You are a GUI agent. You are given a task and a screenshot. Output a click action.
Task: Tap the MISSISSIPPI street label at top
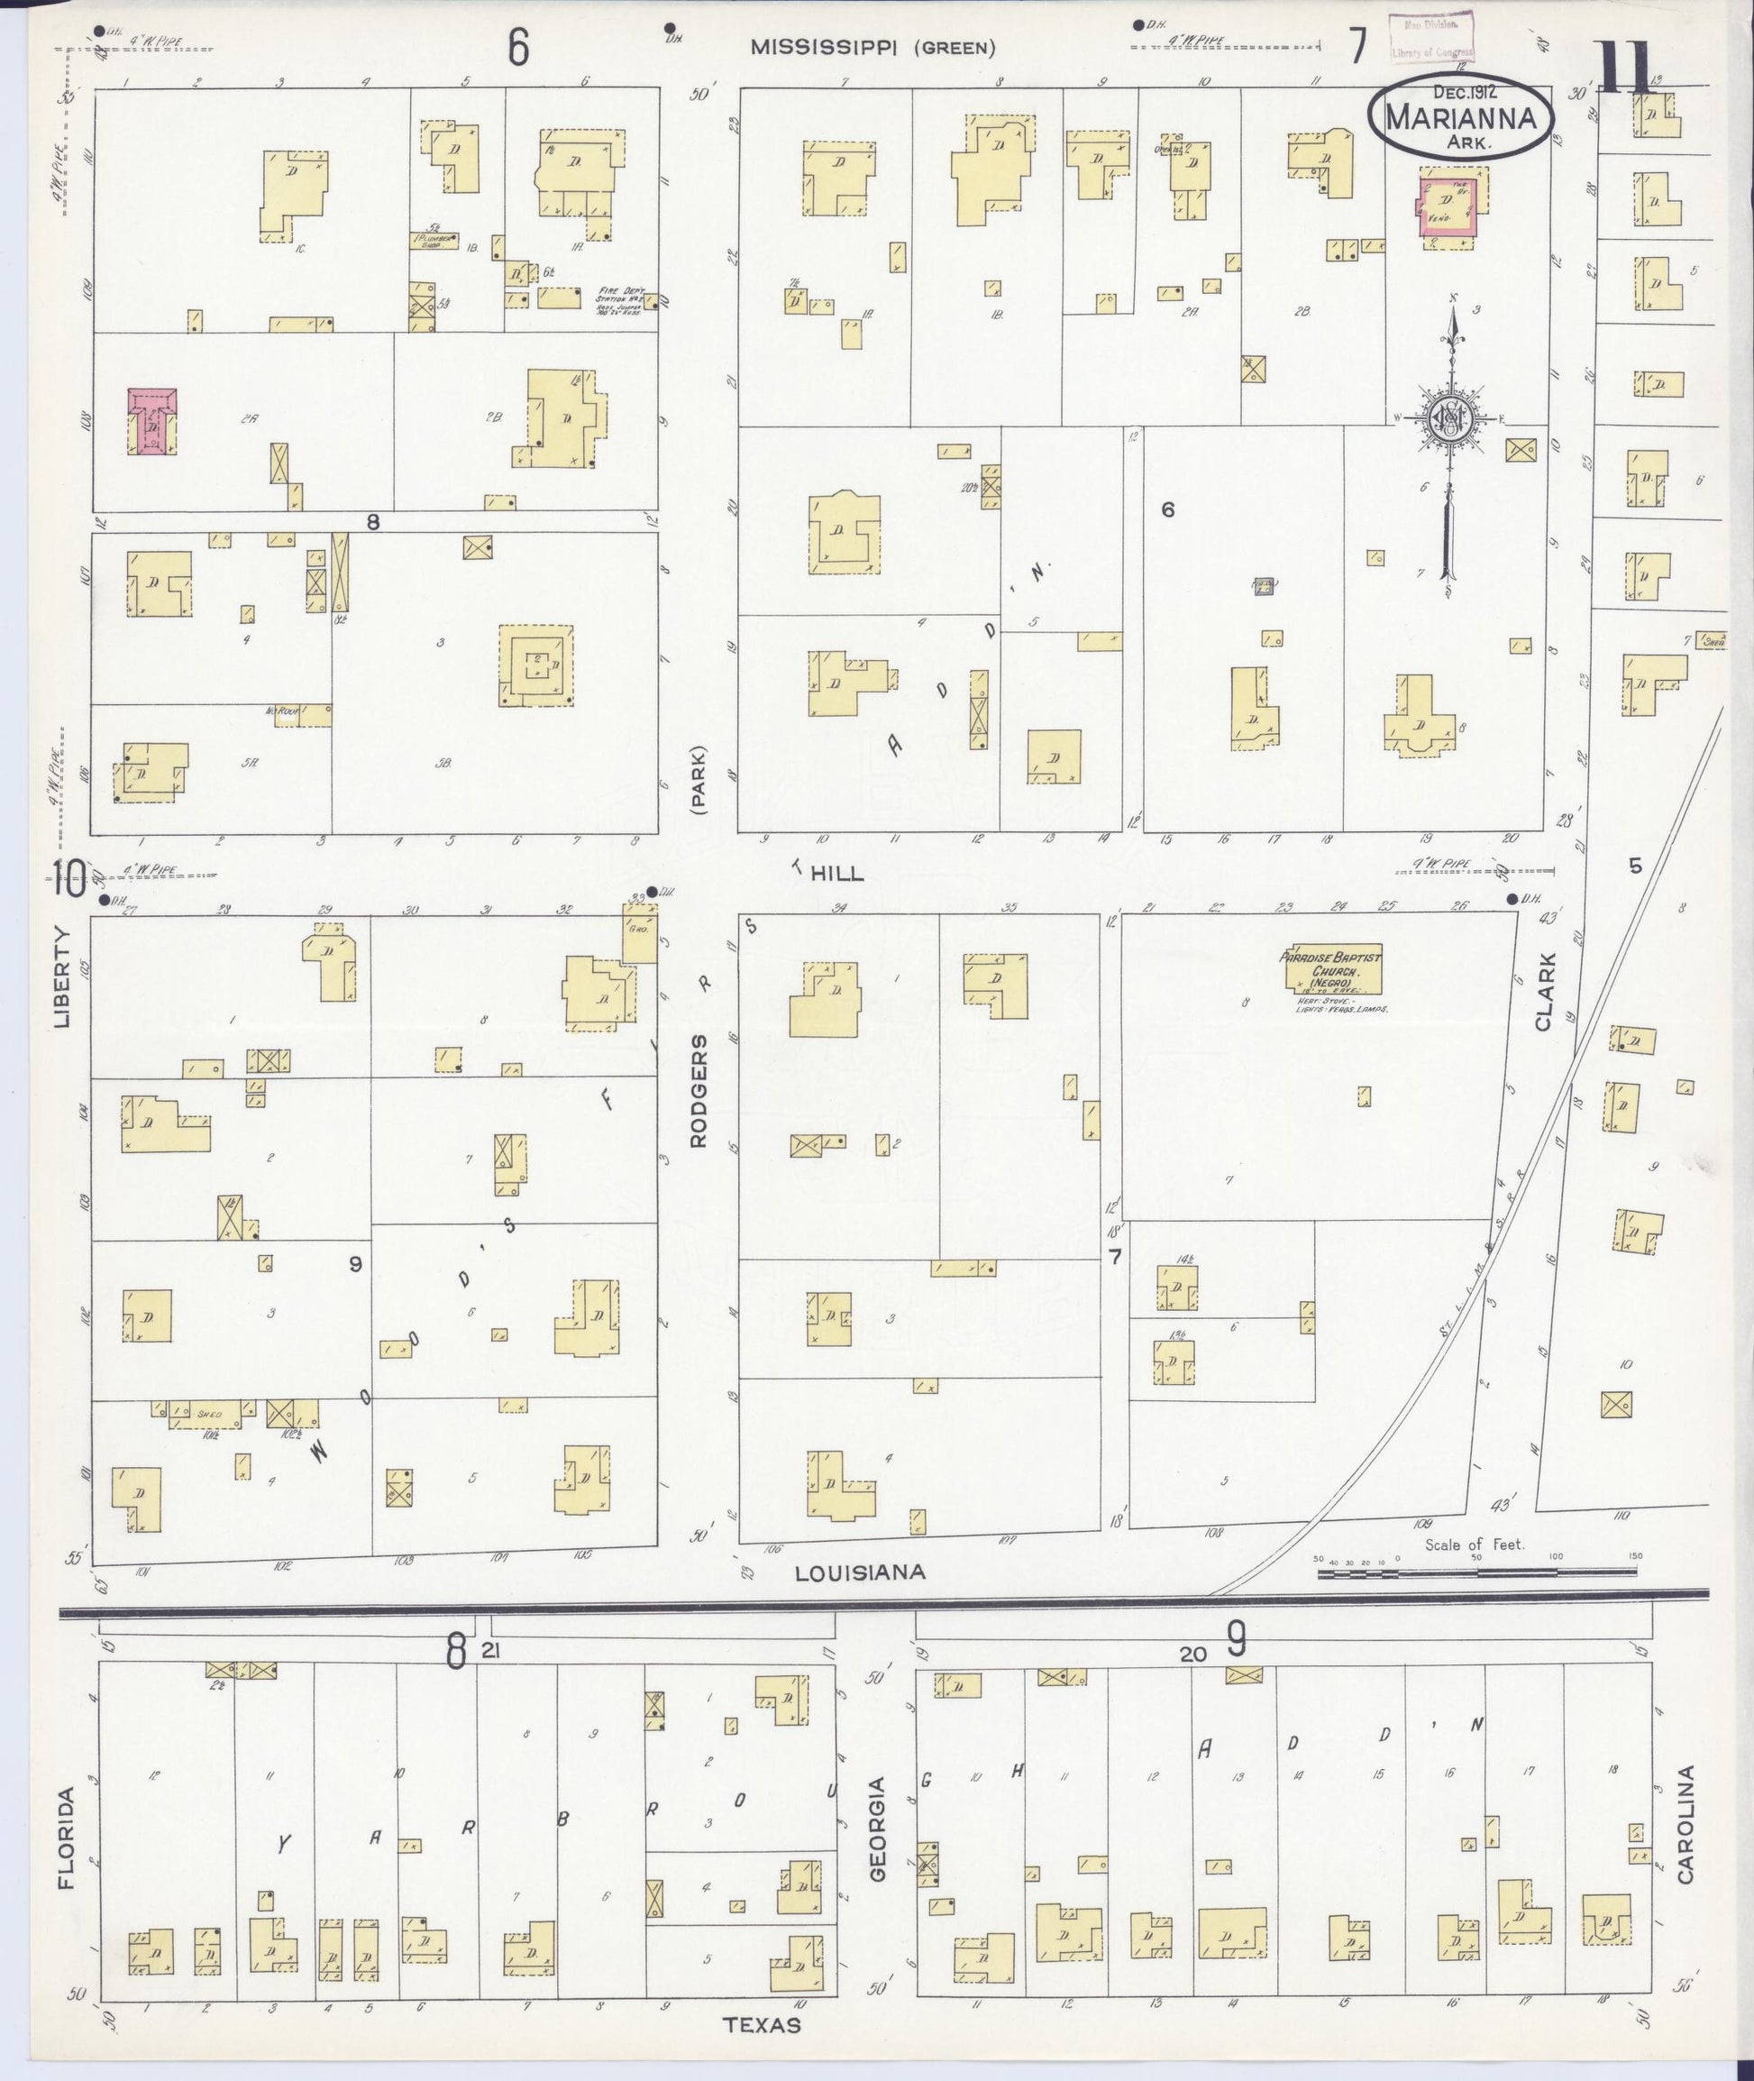click(831, 47)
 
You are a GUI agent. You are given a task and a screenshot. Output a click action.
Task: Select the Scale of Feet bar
click(1475, 1572)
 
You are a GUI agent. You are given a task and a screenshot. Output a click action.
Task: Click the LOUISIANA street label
click(859, 1572)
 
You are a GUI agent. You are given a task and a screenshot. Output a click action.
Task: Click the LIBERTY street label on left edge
click(64, 976)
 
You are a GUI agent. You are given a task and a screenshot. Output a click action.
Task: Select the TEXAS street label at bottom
click(762, 2024)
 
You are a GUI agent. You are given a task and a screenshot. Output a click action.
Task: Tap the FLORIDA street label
click(66, 1838)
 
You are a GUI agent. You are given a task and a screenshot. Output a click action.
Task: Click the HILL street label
click(835, 874)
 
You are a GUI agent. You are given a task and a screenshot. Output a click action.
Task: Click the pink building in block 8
click(152, 421)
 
